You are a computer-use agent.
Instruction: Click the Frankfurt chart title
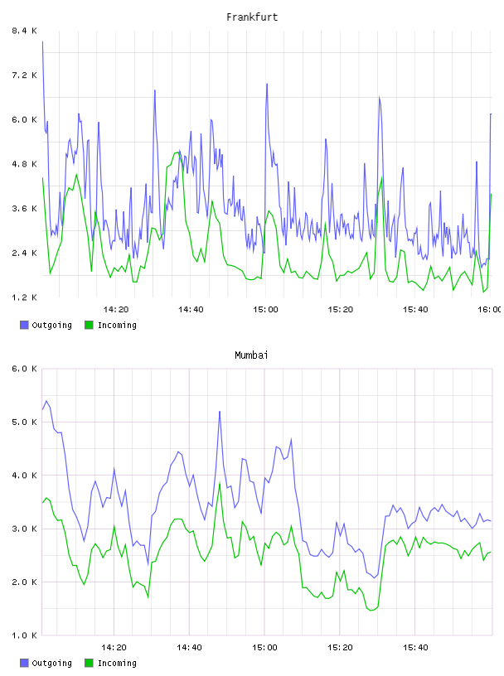point(252,17)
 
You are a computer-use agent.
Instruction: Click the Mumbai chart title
point(251,355)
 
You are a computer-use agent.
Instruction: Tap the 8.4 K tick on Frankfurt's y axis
point(24,31)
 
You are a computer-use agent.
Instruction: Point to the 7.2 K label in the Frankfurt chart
point(24,75)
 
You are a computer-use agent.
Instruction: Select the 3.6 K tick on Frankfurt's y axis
point(24,208)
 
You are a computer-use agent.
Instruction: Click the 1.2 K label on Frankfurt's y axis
point(24,297)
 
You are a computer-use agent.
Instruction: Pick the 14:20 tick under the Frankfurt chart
point(116,309)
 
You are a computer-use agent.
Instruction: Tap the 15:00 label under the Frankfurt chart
point(265,309)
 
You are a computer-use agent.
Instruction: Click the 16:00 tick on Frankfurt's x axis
point(490,309)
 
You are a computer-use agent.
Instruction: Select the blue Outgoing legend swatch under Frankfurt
point(24,325)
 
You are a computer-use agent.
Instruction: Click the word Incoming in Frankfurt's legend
point(117,325)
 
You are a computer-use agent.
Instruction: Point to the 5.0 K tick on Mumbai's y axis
point(24,422)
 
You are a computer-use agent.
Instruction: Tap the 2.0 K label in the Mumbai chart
point(24,582)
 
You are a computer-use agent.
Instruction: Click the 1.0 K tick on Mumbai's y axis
point(24,635)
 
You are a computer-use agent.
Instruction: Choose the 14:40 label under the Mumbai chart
point(190,647)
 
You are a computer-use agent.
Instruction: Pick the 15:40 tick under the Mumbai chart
point(415,647)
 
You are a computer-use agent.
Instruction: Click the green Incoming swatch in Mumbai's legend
point(89,663)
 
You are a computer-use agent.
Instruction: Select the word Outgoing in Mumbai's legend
point(51,663)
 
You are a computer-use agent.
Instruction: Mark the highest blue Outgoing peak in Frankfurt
point(43,41)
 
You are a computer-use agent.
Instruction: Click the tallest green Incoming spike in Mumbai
point(220,483)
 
